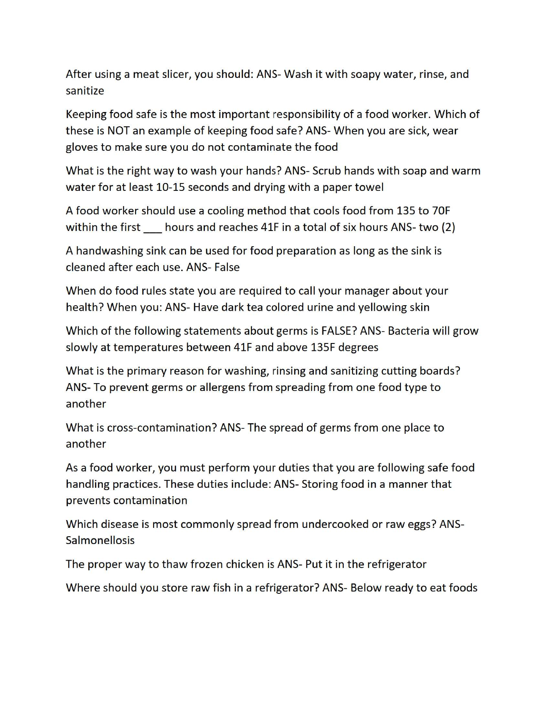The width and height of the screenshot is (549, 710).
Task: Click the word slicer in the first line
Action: [x=176, y=74]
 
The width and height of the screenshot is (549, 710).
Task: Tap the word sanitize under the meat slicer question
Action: [x=85, y=91]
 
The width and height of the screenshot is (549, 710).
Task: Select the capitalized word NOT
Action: [x=118, y=130]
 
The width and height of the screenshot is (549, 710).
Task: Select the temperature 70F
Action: [x=441, y=211]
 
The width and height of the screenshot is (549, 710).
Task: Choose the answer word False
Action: [x=227, y=267]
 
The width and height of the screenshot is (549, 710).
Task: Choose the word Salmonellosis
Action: [x=100, y=540]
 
